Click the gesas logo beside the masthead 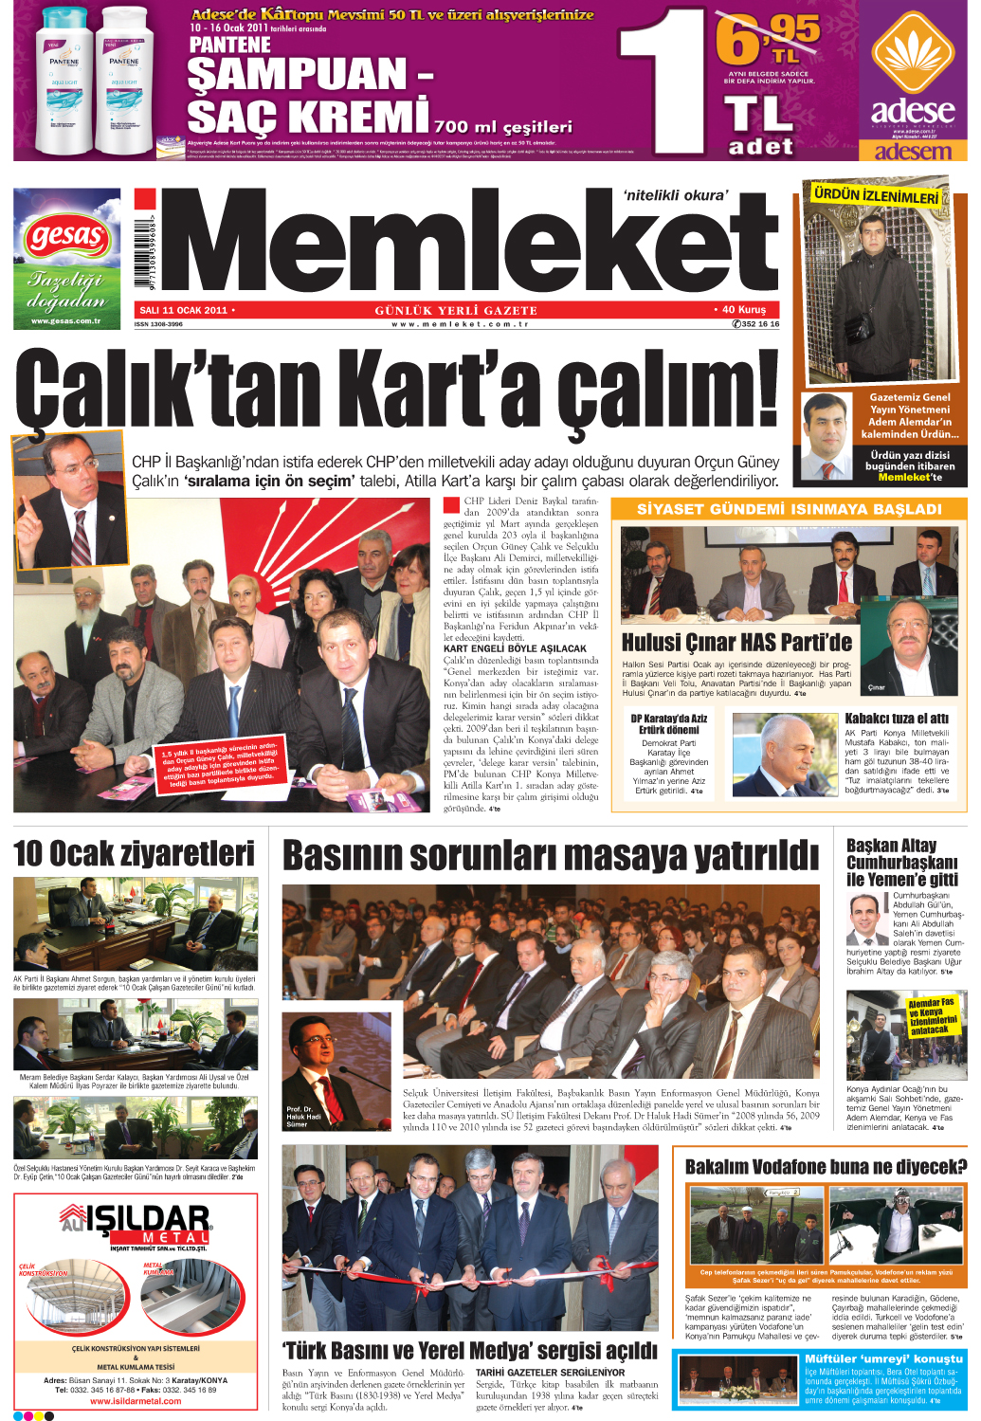coord(66,236)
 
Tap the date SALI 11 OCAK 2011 coord(183,310)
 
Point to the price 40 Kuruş coord(742,309)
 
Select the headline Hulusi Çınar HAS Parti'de coord(736,643)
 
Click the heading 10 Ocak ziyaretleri coord(134,854)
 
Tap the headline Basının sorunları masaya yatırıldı coord(551,855)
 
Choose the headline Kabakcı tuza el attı coord(896,719)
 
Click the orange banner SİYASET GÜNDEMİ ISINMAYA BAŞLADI coord(789,509)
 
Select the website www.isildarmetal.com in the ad coord(136,1401)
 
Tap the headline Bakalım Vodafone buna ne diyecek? coord(825,1167)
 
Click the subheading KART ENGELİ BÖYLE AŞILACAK coord(515,648)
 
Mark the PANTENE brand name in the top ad coord(230,45)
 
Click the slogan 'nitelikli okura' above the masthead coord(676,195)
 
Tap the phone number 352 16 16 coord(755,324)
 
